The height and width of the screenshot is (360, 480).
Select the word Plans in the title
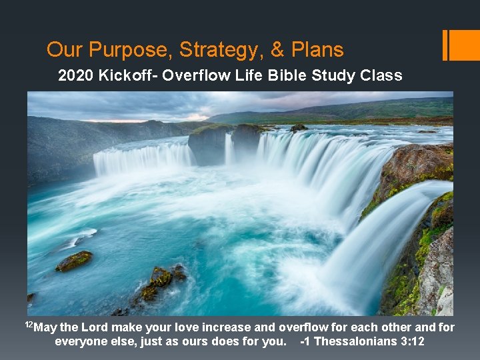(x=317, y=50)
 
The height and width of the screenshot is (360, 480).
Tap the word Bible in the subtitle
(x=283, y=75)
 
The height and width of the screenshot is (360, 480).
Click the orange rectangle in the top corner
(x=464, y=45)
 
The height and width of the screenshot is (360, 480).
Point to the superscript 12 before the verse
(x=29, y=325)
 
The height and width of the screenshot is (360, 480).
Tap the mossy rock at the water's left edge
(x=73, y=261)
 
